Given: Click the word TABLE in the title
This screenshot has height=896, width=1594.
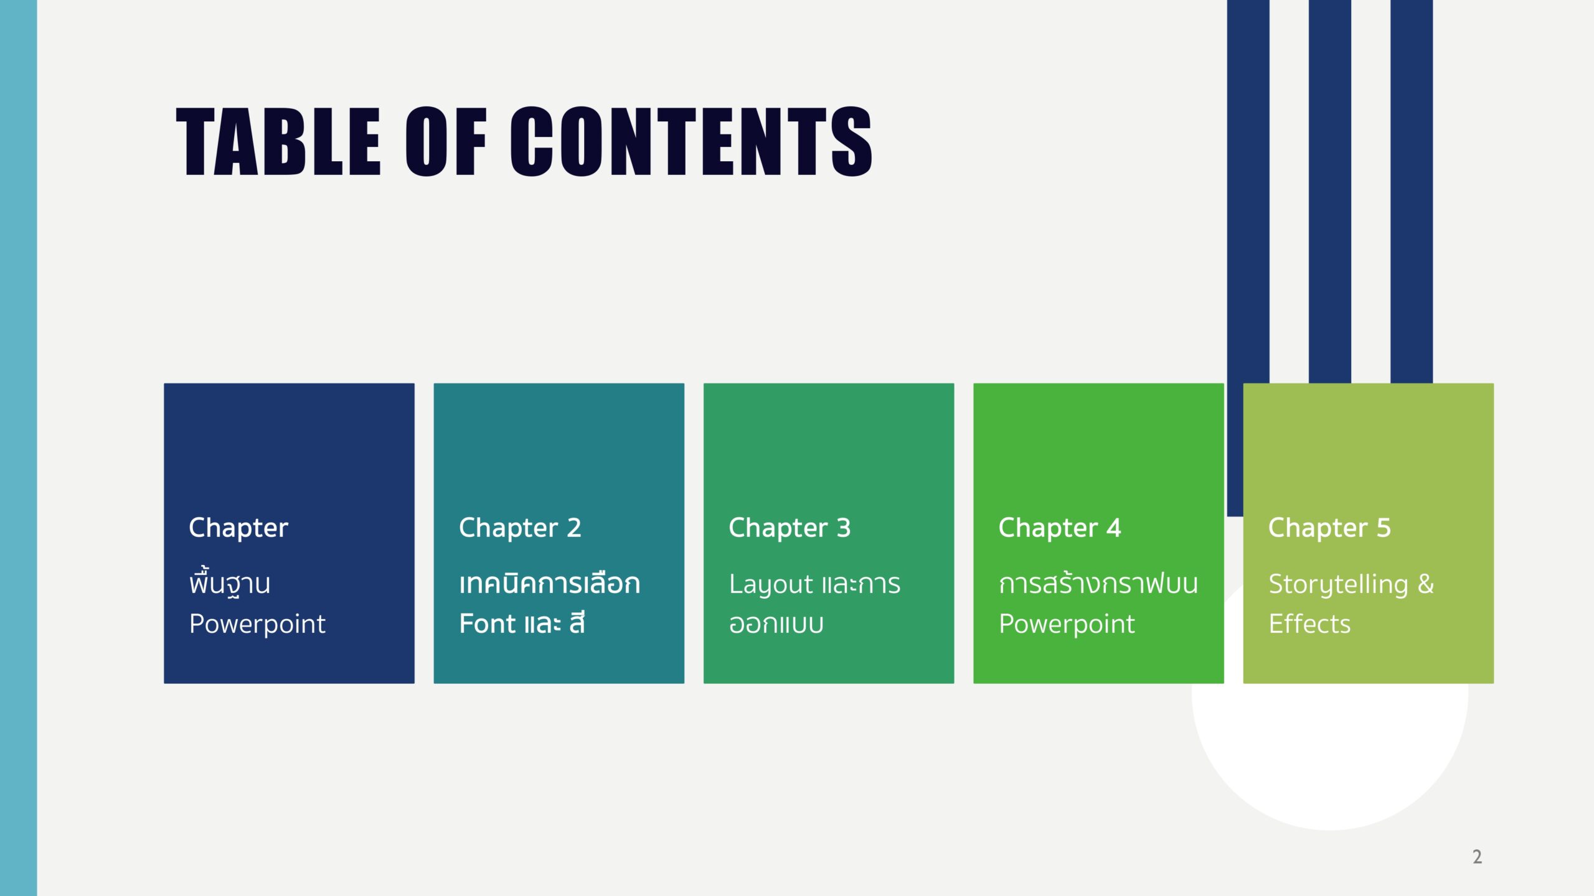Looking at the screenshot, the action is tap(278, 141).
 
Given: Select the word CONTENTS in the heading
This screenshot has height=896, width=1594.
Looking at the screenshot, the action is tap(692, 141).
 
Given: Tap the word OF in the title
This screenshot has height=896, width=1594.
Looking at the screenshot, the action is tap(446, 141).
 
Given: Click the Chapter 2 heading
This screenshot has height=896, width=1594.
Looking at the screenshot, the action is tap(520, 528).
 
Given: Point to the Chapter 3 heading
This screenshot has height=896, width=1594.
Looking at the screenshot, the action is tap(790, 528).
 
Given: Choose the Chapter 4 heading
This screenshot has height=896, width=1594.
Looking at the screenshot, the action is tap(1060, 528).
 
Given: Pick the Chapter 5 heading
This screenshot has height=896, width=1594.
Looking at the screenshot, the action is tap(1329, 528).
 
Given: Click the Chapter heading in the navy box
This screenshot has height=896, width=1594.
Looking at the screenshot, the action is tap(238, 528).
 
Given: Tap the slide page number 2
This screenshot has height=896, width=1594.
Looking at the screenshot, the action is tap(1477, 857).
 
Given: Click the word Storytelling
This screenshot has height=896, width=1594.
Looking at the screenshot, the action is tap(1338, 585).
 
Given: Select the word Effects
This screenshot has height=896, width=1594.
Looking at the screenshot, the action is tap(1309, 623).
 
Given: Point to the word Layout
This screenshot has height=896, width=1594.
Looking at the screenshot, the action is tap(771, 585).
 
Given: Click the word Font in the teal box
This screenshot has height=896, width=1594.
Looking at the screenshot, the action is tap(487, 623).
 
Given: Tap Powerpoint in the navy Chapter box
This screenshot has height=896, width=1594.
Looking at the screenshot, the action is tap(257, 625).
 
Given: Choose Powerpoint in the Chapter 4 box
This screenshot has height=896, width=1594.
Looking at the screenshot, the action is tap(1067, 625).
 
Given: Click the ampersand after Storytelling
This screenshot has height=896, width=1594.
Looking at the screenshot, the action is tap(1426, 584).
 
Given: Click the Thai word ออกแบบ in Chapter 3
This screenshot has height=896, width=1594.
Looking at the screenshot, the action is tap(776, 624).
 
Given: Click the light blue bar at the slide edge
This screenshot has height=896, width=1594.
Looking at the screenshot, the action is tap(19, 448).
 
